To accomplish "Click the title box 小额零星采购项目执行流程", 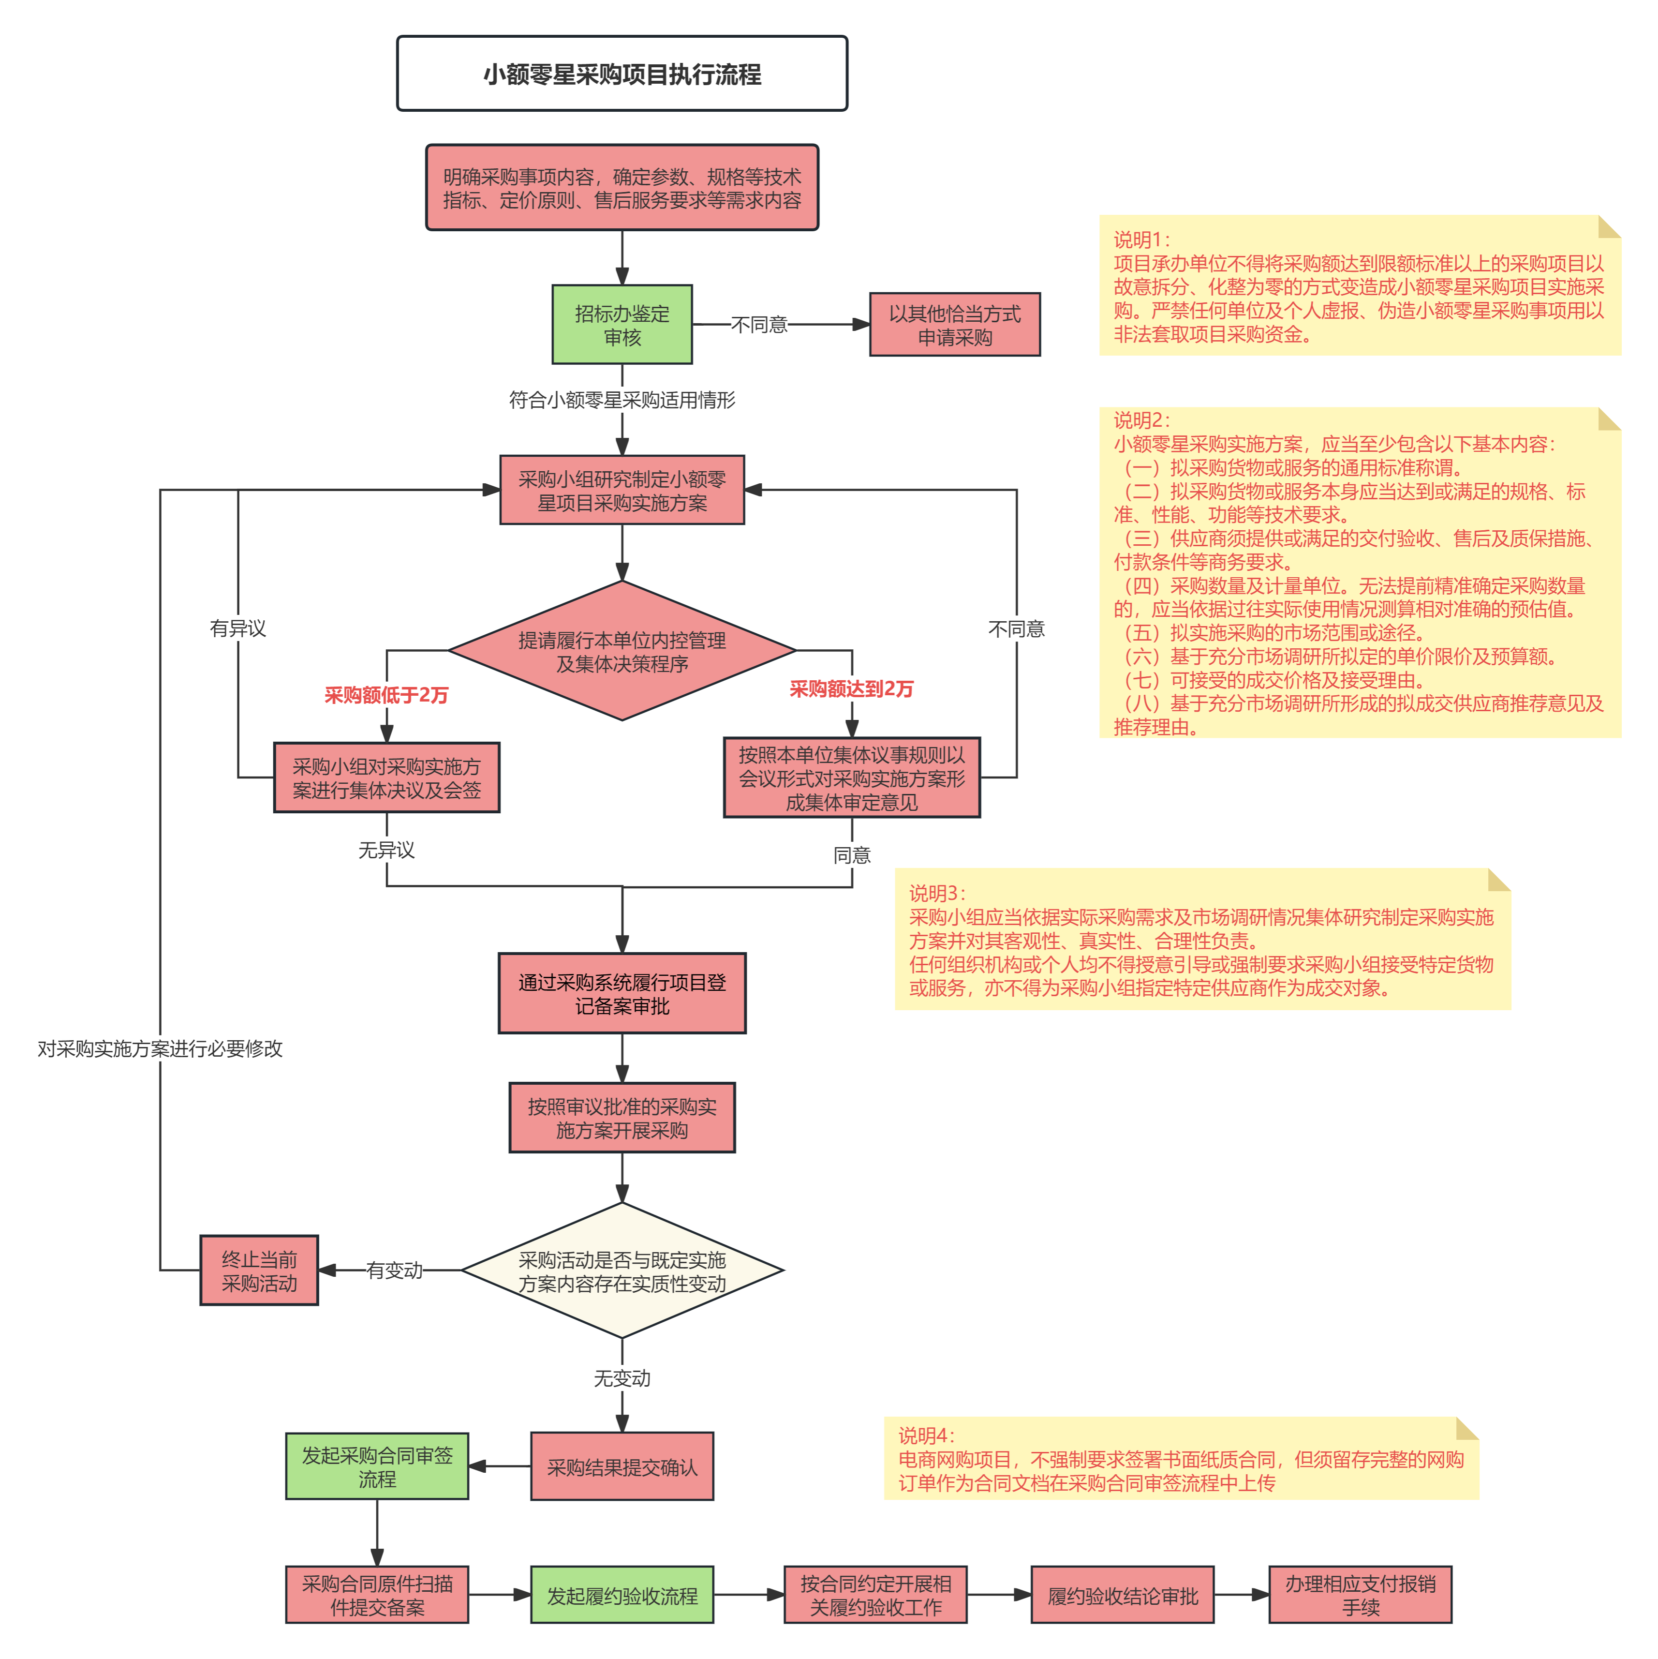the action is tap(622, 74).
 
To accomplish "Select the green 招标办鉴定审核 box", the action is tap(622, 325).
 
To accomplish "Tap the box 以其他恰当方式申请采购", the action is tap(955, 325).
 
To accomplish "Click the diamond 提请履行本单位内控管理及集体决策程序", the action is tap(622, 651).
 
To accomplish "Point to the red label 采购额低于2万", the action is tap(386, 695).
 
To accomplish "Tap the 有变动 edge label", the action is tap(394, 1270).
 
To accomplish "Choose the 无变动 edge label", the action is tap(622, 1378).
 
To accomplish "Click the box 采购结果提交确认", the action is tap(622, 1466).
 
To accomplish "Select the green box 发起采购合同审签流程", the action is tap(377, 1466).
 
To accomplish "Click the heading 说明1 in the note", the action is tap(1141, 239).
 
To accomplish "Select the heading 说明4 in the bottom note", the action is tap(926, 1436).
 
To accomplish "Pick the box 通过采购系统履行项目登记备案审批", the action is tap(622, 993).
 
